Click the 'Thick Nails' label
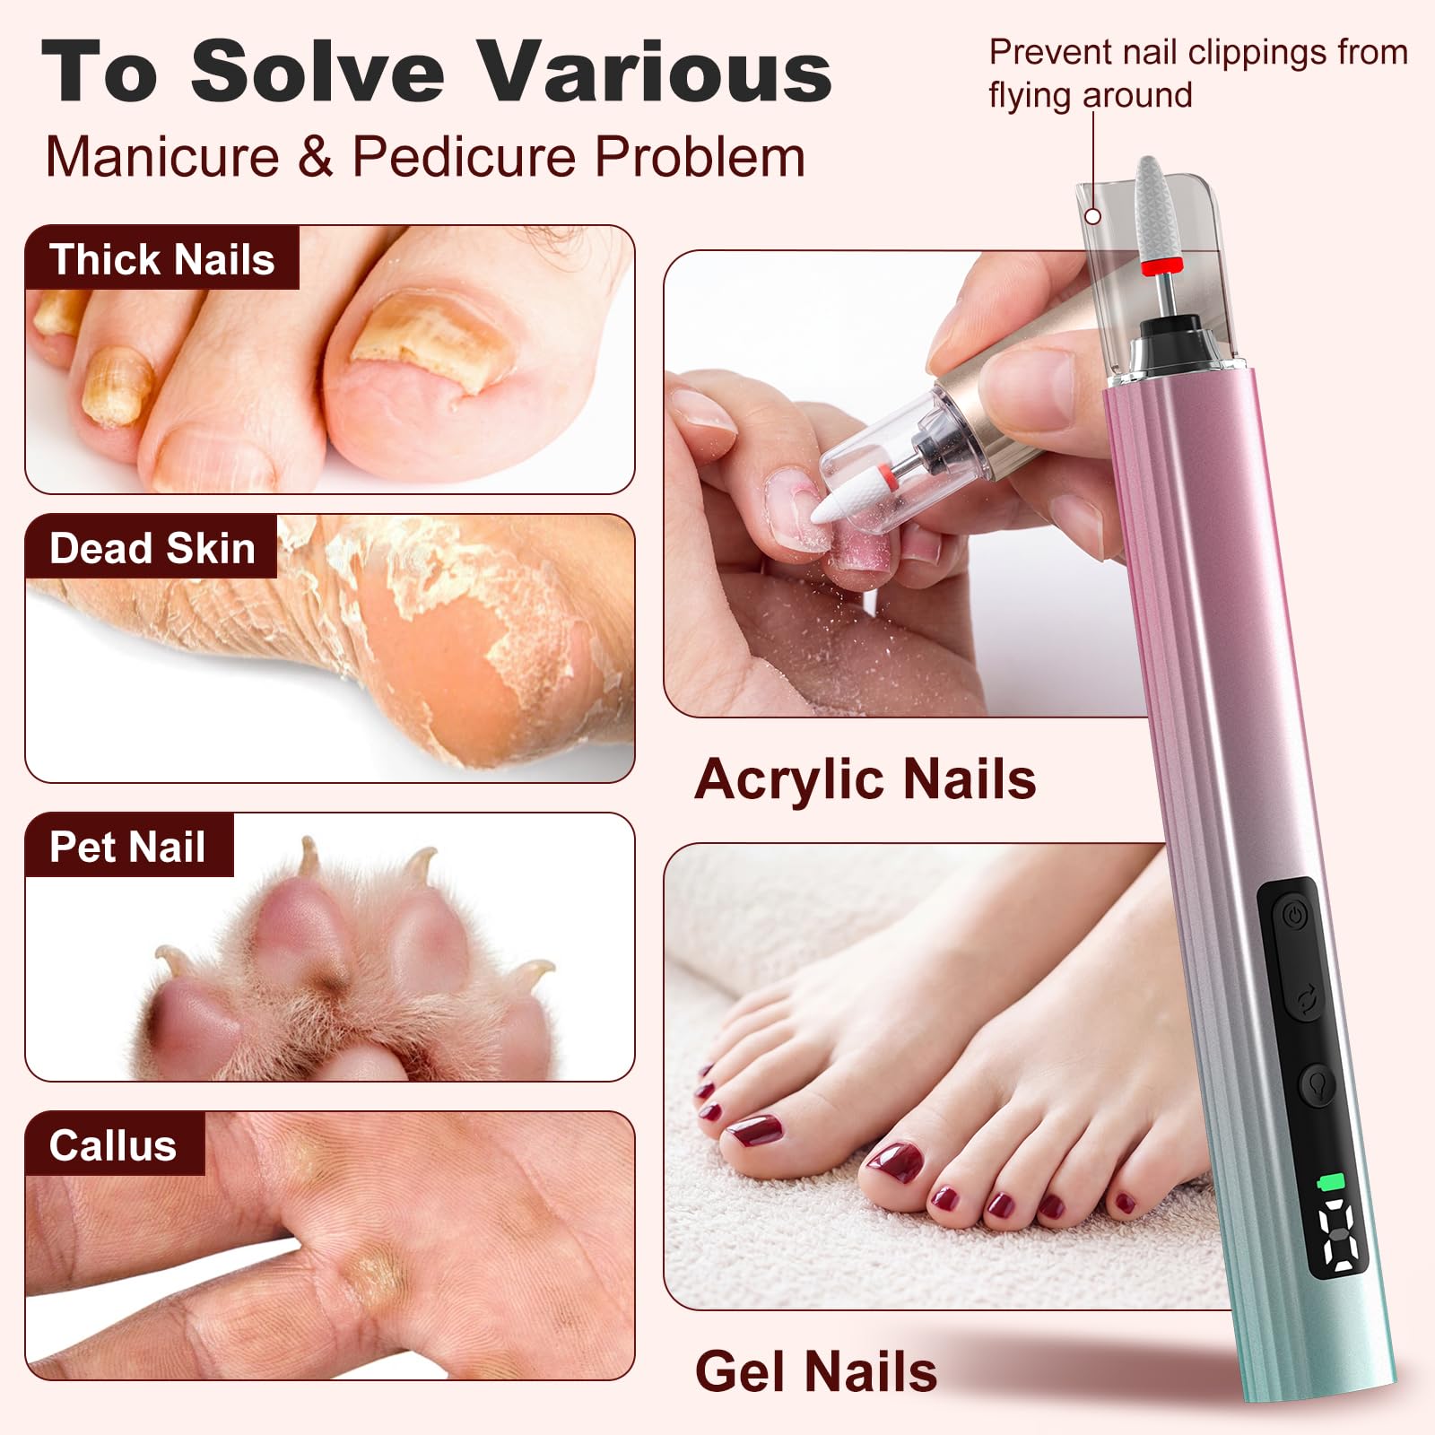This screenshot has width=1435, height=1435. tap(161, 259)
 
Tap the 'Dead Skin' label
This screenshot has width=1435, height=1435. tap(152, 548)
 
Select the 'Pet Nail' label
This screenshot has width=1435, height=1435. tap(127, 847)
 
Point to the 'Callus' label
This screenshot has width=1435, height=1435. tap(113, 1145)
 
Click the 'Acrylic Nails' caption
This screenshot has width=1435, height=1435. tap(865, 778)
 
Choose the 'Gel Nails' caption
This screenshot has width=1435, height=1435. tap(816, 1371)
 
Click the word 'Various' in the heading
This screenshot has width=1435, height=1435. tap(654, 72)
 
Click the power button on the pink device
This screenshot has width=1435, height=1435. tap(1291, 916)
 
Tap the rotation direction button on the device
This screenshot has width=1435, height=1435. tap(1306, 998)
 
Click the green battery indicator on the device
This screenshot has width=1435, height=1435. tap(1330, 1182)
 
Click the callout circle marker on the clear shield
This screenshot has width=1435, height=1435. tap(1092, 216)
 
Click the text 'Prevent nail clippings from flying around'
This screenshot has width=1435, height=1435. tap(1198, 74)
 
